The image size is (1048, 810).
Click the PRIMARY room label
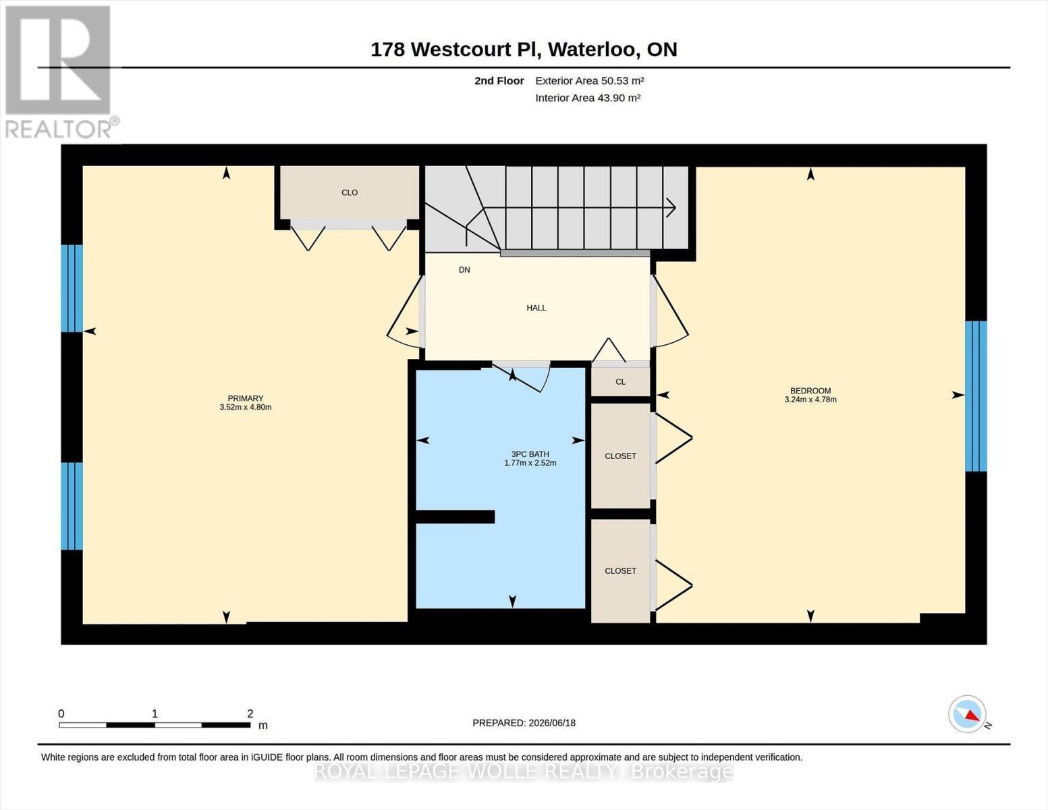click(246, 398)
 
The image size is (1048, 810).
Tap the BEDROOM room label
click(810, 391)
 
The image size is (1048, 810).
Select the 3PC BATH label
click(530, 454)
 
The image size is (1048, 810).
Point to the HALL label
click(536, 308)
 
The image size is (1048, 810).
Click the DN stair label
click(464, 270)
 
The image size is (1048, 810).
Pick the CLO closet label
click(350, 192)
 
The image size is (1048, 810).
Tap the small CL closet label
click(620, 381)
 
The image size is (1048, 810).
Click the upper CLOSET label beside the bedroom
click(621, 456)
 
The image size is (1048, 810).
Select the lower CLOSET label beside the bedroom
click(621, 571)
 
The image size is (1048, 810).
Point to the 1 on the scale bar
click(155, 713)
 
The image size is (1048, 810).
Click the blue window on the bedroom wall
click(976, 396)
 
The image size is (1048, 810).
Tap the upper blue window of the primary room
click(72, 288)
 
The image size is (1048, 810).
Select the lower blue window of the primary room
click(72, 506)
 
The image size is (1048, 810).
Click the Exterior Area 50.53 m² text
click(590, 80)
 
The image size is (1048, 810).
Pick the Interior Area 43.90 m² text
click(588, 98)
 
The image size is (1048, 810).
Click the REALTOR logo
click(60, 72)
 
